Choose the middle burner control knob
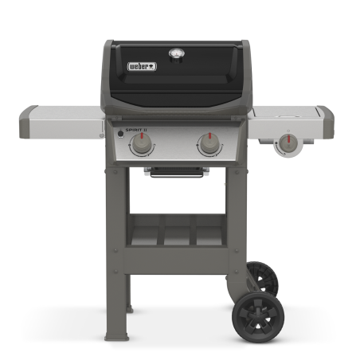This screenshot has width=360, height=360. click(x=210, y=144)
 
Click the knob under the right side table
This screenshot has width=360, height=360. click(x=288, y=144)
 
